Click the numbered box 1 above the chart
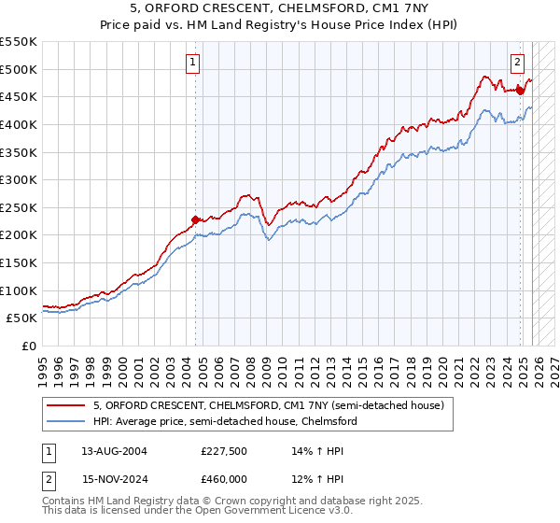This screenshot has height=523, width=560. (192, 63)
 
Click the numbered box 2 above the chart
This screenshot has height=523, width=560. (517, 63)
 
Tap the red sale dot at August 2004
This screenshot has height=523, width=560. (195, 220)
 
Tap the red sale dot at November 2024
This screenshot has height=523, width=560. (520, 91)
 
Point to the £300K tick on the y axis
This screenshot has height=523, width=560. (20, 179)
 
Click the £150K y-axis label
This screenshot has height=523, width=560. (20, 262)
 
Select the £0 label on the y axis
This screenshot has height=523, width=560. (28, 346)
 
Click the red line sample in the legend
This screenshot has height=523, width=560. (66, 405)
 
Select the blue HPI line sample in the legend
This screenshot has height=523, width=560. (66, 421)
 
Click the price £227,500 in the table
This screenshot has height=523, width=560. (225, 450)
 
